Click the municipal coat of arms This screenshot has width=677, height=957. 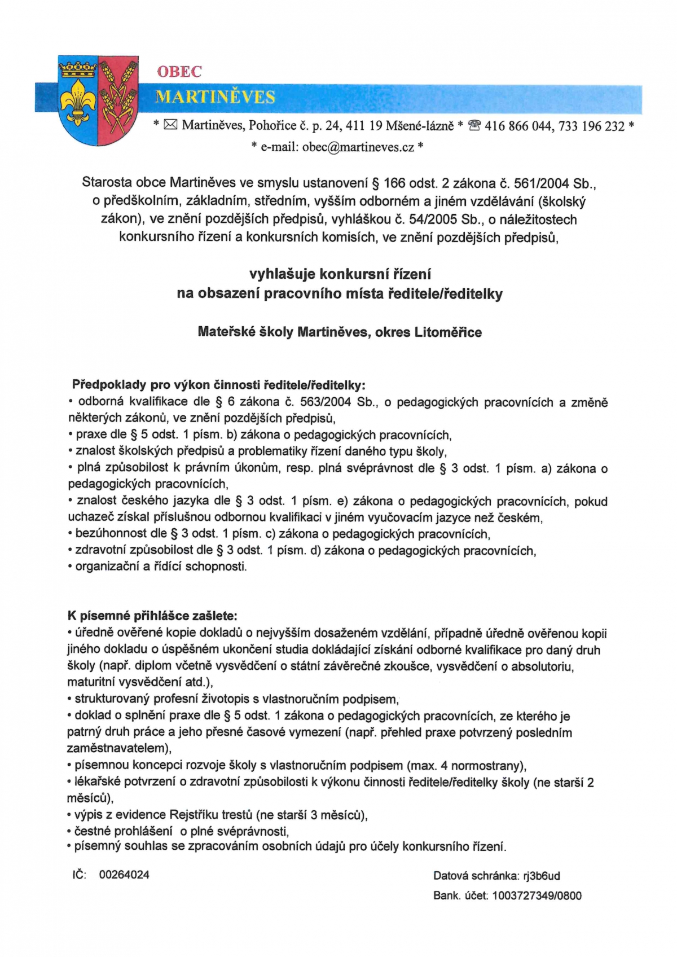pos(98,100)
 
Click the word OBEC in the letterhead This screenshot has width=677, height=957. pos(179,72)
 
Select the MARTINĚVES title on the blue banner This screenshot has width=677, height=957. pos(215,98)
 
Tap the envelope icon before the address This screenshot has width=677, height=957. pos(170,125)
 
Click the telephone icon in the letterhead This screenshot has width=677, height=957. pos(474,126)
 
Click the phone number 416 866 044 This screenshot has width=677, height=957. pos(517,126)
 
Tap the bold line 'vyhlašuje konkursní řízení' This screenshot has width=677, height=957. pos(340,274)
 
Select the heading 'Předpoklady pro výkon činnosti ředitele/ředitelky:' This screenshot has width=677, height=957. pos(218,385)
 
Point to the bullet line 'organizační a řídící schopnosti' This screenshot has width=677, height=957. pos(161,566)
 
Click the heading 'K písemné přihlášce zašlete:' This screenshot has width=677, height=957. pos(152,616)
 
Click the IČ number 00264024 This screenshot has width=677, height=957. pos(124,875)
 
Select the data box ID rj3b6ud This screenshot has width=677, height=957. pos(541,876)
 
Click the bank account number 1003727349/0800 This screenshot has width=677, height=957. pos(537,895)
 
